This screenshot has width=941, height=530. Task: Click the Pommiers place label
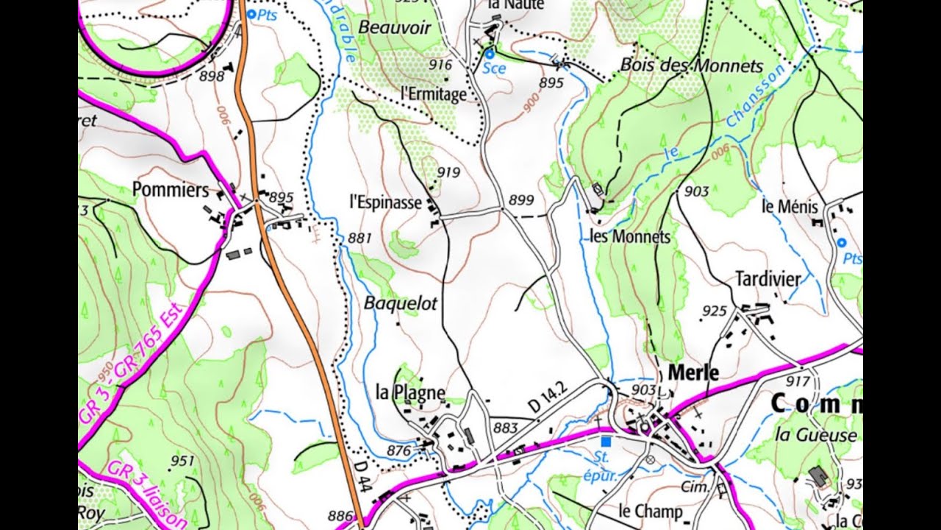(x=171, y=190)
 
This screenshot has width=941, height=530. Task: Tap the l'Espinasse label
(x=385, y=202)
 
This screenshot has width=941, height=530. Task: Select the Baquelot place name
(x=401, y=303)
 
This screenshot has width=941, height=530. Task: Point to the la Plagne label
(x=410, y=392)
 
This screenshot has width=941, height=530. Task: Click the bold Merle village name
(x=693, y=372)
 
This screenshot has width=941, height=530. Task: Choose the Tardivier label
(x=768, y=279)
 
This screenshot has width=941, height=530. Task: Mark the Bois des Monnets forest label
(x=692, y=65)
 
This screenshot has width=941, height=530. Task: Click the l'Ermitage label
(x=434, y=94)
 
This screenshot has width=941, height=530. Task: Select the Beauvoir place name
(x=394, y=27)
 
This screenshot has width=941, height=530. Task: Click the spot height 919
(x=448, y=172)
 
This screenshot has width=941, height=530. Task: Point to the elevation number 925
(x=714, y=311)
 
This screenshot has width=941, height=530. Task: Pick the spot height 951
(x=182, y=462)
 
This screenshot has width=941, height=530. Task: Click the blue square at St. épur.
(x=606, y=442)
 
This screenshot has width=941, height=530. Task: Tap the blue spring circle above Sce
(x=489, y=54)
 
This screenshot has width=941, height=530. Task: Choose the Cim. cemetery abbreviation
(x=695, y=487)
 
